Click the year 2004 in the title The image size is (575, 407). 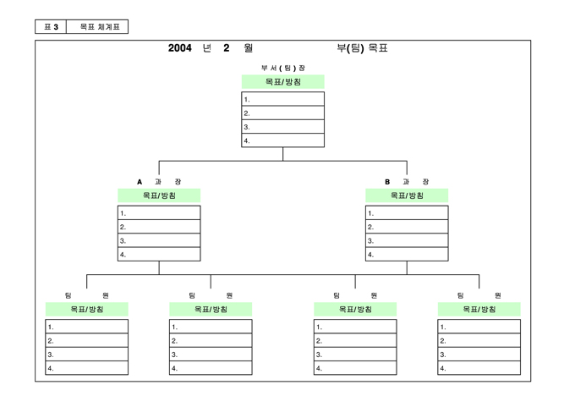181,48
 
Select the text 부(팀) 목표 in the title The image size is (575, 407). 362,48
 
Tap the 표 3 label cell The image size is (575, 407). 50,27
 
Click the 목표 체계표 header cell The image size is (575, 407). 99,27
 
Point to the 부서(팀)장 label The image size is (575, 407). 282,68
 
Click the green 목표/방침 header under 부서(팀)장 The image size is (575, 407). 282,82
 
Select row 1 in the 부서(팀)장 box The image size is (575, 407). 282,99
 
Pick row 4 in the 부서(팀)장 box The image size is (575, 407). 282,140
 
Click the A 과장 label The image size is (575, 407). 159,182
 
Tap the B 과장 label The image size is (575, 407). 407,182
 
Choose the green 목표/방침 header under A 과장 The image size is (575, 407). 159,195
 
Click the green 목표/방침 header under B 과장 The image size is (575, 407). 407,195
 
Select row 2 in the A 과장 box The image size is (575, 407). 159,227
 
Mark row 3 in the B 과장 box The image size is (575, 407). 407,240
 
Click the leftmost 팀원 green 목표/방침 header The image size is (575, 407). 87,310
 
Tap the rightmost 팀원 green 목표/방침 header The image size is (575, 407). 479,310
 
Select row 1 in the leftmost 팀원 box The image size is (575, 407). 87,327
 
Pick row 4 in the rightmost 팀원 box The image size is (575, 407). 479,368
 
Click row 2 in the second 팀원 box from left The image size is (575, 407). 211,340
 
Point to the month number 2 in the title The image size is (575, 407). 227,48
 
